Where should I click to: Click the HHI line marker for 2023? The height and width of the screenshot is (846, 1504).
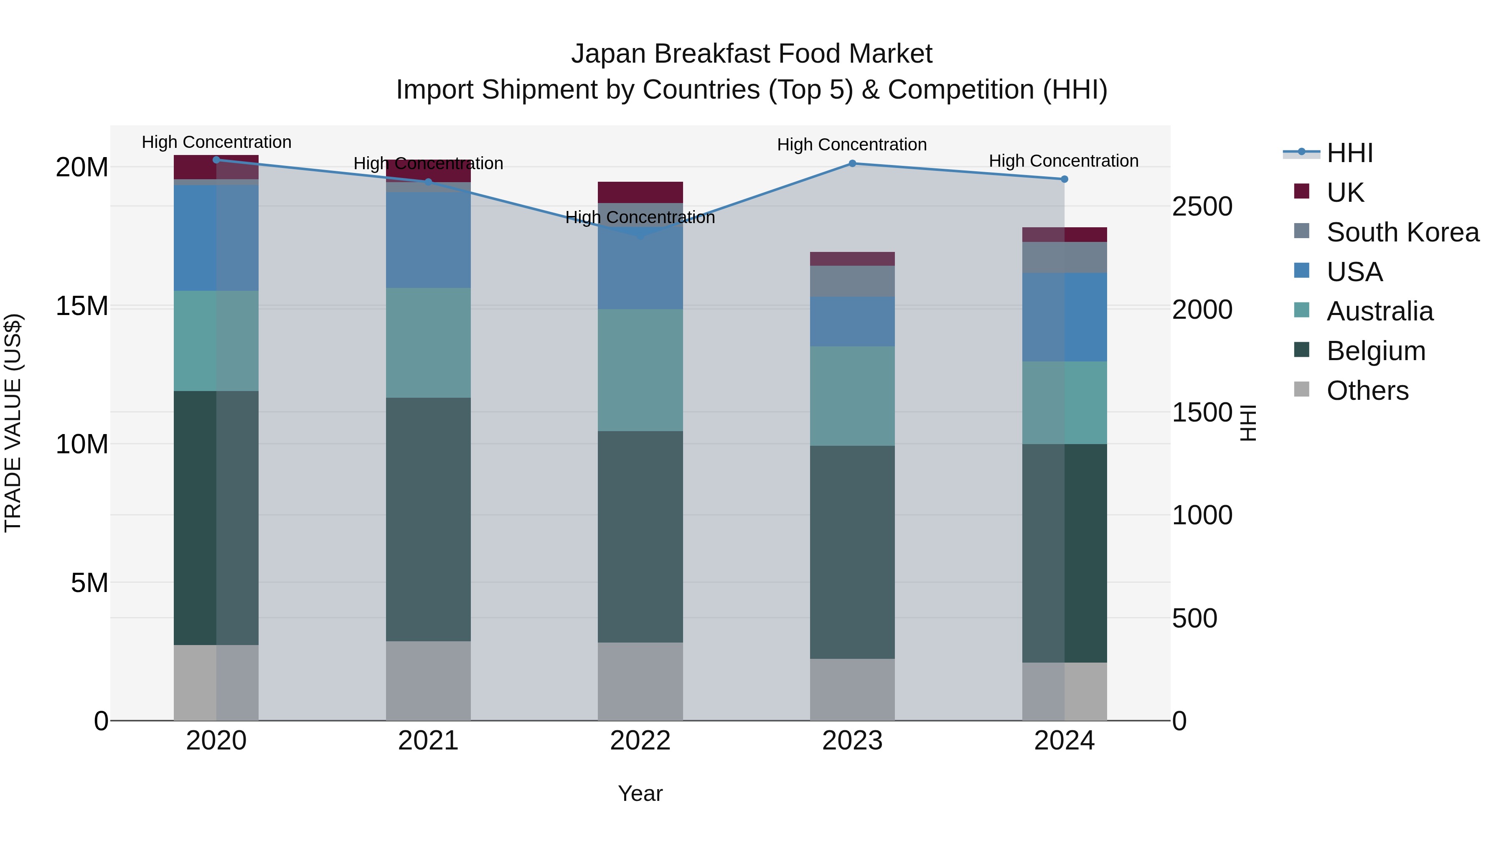tap(852, 163)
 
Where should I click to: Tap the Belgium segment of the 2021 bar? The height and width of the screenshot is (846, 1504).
tap(428, 520)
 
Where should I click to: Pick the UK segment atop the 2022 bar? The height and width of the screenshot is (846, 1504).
tap(640, 192)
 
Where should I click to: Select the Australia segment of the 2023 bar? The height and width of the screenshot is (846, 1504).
tap(852, 396)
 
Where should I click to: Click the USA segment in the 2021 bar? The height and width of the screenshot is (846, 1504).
tap(428, 239)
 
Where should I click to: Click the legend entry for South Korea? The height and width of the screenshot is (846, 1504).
tap(1402, 232)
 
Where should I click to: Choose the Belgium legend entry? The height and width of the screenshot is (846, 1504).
tap(1376, 351)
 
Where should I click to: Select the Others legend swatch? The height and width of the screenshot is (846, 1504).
tap(1301, 389)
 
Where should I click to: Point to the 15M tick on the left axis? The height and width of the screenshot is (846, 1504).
tap(82, 306)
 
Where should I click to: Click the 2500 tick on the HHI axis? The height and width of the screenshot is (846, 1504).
tap(1202, 207)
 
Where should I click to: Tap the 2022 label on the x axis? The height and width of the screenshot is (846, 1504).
tap(640, 741)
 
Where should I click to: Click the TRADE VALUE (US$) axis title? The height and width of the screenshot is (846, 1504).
tap(13, 423)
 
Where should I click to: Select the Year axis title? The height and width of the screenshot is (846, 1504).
tap(640, 793)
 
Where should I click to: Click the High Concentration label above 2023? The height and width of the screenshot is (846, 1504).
tap(852, 144)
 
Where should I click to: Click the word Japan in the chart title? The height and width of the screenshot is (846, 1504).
tap(609, 54)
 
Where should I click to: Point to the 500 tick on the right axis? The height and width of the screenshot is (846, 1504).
tap(1194, 618)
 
